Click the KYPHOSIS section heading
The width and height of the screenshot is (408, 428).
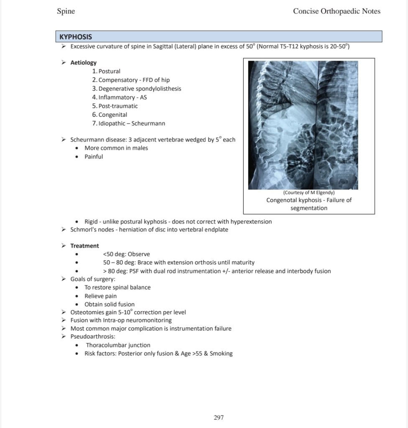click(x=76, y=37)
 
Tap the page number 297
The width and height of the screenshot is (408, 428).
click(x=219, y=417)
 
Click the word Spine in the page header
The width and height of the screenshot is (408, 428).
click(x=66, y=11)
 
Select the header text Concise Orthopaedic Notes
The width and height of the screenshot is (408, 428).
click(x=337, y=11)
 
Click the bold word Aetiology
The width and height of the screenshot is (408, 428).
click(x=83, y=62)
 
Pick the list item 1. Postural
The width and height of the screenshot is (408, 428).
click(x=106, y=71)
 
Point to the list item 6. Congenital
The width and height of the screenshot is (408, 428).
click(x=110, y=115)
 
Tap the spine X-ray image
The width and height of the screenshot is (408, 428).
click(x=303, y=125)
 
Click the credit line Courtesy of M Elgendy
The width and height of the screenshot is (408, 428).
click(x=309, y=192)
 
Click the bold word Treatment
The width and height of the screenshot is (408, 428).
click(x=84, y=246)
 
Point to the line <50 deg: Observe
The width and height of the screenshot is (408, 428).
click(x=126, y=254)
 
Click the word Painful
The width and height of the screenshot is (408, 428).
click(x=94, y=156)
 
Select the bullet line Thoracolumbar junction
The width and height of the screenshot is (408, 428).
click(x=118, y=345)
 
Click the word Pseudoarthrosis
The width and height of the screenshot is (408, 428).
click(x=92, y=336)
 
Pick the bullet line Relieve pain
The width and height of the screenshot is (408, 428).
click(x=100, y=296)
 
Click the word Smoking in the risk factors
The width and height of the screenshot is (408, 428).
click(x=221, y=354)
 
